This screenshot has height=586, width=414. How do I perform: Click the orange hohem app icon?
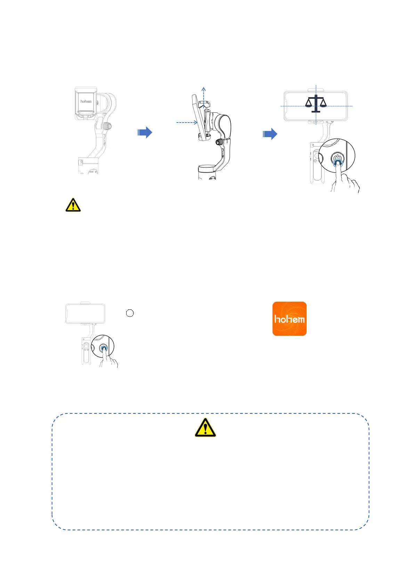289,318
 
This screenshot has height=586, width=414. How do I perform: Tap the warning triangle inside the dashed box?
205,428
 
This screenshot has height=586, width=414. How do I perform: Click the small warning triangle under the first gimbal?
73,205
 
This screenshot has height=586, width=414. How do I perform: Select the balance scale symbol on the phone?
316,103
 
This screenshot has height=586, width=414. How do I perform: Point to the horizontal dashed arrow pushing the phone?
187,122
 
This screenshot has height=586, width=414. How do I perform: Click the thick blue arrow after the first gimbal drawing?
145,132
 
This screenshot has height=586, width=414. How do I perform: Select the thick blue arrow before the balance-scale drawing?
270,134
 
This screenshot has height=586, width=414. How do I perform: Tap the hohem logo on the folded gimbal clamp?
86,101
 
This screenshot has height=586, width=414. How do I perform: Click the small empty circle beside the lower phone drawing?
130,313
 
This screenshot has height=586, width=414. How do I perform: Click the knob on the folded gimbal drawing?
107,126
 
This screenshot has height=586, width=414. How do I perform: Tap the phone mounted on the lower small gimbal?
85,314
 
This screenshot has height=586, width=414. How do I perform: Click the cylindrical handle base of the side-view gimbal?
207,173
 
